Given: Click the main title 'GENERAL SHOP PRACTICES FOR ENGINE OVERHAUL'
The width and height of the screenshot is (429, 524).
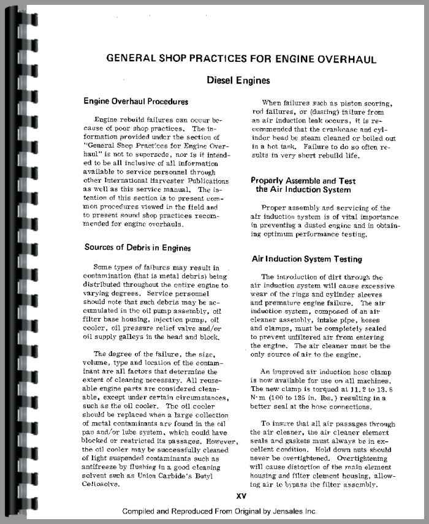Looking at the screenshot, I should [x=241, y=59].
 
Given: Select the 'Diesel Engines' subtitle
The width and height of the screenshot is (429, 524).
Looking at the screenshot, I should [x=238, y=80].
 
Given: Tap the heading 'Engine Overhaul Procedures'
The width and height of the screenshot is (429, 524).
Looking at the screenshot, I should [x=135, y=101].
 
